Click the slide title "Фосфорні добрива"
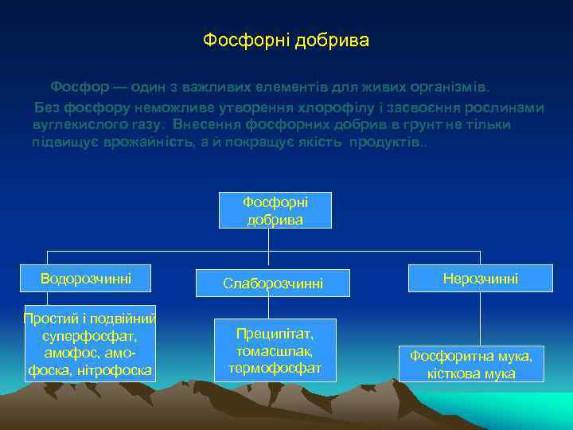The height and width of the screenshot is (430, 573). (286, 40)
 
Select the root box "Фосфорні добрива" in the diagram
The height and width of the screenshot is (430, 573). (275, 210)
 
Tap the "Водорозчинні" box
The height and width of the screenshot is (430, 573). (86, 278)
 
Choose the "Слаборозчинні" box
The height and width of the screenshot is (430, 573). (273, 283)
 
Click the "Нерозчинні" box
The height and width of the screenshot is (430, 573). (480, 278)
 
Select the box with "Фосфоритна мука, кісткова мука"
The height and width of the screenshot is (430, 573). (472, 363)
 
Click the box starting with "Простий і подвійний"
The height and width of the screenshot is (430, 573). (90, 343)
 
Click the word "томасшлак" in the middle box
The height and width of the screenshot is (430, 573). (275, 350)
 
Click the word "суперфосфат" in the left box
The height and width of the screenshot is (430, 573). (90, 336)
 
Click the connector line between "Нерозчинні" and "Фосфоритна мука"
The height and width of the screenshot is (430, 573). (480, 318)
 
